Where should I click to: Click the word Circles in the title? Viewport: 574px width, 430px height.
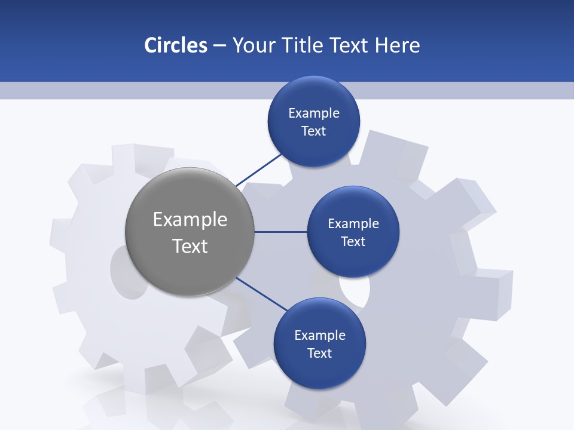tap(175, 45)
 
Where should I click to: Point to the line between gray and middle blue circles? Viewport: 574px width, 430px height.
tap(280, 232)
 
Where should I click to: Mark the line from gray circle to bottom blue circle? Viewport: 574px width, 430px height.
tap(262, 293)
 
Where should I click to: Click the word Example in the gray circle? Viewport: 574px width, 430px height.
tap(190, 220)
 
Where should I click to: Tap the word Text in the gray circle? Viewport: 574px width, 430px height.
tap(190, 246)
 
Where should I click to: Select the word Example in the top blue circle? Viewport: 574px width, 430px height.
tap(314, 113)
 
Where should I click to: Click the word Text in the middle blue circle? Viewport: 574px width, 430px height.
tap(353, 242)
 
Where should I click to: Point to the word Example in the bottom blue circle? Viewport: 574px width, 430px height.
tap(320, 336)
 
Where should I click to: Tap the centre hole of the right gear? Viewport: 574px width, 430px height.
tap(356, 289)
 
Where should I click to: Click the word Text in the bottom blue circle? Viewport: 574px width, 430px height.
tap(320, 354)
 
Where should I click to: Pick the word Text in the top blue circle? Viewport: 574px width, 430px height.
tap(314, 131)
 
